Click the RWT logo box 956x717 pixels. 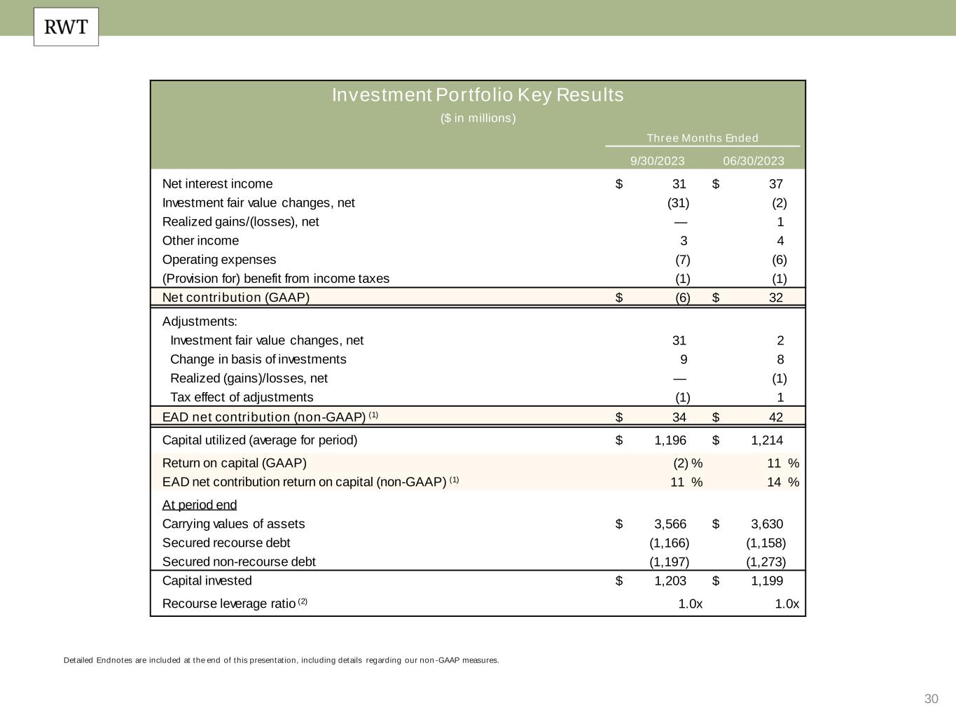point(66,27)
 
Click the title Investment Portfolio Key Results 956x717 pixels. point(478,95)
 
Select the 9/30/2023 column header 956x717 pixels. point(657,161)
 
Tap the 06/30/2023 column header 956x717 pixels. point(754,161)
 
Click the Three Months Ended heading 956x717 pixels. point(702,138)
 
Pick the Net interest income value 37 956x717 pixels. point(775,184)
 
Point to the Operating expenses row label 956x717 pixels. point(219,260)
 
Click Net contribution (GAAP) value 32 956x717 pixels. point(775,298)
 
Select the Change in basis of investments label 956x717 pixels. point(258,359)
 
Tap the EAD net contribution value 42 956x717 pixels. point(775,417)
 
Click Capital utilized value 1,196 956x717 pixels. point(670,440)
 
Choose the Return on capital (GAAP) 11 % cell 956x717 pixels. point(782,464)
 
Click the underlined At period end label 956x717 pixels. point(200,505)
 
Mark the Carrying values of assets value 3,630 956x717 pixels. point(767,524)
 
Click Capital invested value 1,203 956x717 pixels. point(670,581)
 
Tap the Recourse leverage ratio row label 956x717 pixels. point(229,604)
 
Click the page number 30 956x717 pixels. point(931,699)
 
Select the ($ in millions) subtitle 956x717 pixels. point(478,118)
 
